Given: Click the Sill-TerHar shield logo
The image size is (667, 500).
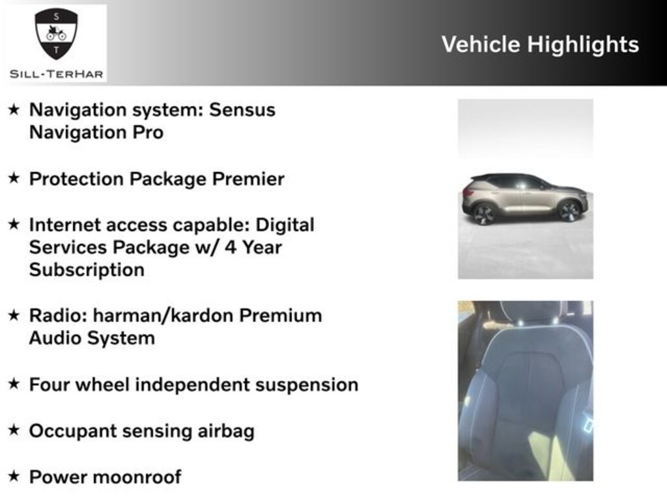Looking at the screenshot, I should pos(55,34).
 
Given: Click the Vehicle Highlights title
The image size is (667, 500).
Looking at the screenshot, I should pos(540,44).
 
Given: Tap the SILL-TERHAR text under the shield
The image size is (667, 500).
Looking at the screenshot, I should pos(56,74).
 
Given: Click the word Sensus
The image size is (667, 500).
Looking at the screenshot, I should pos(242,109).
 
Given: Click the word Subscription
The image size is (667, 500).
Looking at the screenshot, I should pos(87,270).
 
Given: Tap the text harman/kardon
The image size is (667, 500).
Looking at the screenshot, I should pos(163,316).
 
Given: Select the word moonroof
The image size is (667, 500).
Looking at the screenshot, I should pos(137,477).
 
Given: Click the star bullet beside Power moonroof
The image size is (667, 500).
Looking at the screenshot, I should pos(14,477).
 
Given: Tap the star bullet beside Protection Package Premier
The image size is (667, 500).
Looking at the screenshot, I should pos(14,178).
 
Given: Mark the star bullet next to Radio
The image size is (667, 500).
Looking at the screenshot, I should pos(14,316).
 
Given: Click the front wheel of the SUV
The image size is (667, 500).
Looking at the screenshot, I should pos(569,210).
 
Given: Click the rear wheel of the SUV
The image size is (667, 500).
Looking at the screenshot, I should pos(485,214).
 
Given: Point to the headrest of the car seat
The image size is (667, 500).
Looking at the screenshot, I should pos(533,311).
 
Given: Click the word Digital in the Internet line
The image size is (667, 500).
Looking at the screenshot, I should pos(285,225).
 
